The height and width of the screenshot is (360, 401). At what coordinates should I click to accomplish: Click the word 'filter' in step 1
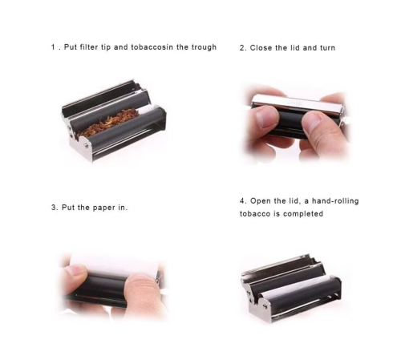coord(89,47)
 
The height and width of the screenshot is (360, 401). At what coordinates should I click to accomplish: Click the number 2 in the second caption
coord(241,48)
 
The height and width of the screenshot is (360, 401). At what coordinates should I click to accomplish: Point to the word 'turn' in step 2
coord(327,48)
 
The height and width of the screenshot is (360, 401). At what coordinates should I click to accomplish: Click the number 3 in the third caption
coord(54,208)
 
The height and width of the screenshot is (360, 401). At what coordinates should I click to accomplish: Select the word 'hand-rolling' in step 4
coord(335,200)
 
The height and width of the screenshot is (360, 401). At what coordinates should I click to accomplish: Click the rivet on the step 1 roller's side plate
coord(86,145)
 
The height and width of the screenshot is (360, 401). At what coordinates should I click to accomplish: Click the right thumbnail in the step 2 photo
coord(313,121)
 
